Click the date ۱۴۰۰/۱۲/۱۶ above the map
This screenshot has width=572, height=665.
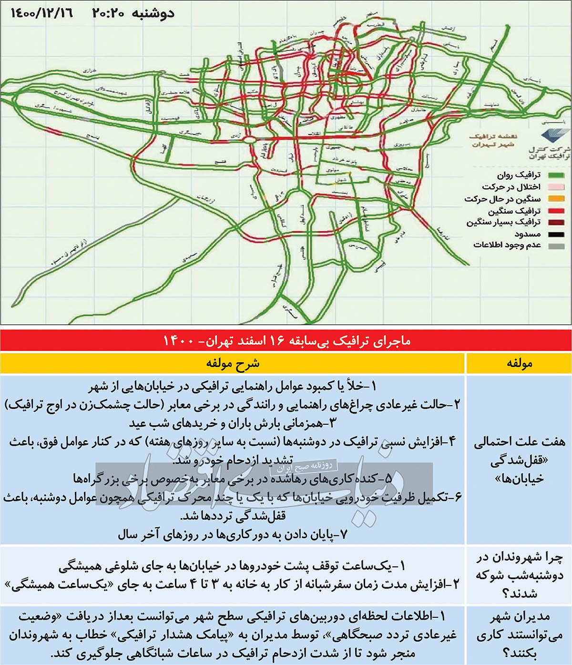point(42,13)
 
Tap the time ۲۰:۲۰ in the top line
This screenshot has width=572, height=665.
point(108,13)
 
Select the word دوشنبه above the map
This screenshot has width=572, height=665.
point(153,13)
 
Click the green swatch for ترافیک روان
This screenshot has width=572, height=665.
point(556,175)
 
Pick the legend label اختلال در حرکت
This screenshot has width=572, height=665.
point(511,187)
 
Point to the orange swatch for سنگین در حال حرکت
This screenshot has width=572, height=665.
point(556,199)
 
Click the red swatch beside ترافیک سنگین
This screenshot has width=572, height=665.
point(556,211)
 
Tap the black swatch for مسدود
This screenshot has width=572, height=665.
point(556,234)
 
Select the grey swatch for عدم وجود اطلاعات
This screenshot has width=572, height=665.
point(556,246)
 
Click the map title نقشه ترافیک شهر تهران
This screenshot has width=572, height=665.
point(492,140)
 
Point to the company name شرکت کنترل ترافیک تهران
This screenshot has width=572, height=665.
point(549,153)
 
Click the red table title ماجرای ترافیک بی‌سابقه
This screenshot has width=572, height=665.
point(286,340)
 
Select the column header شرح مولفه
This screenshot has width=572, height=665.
point(233,363)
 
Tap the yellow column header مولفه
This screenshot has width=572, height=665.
point(519,363)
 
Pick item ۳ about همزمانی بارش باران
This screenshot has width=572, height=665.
point(233,423)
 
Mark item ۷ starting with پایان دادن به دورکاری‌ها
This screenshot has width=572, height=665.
point(233,535)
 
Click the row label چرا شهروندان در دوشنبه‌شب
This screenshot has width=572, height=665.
point(519,575)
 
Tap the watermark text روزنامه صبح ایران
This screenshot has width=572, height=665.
point(305,467)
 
